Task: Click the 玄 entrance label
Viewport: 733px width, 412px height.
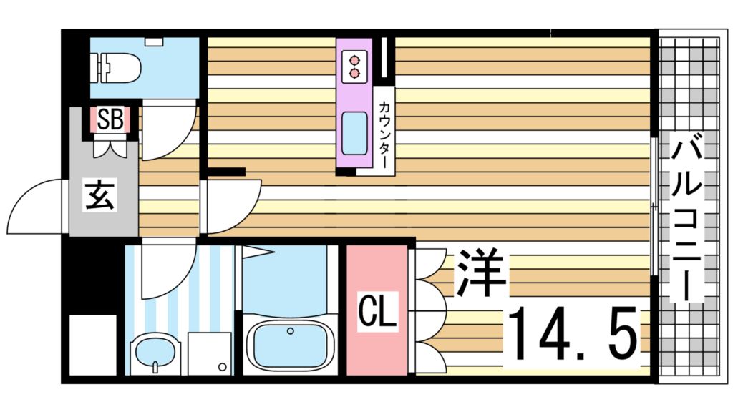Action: pyautogui.click(x=100, y=195)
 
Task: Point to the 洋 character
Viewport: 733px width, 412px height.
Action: pyautogui.click(x=482, y=273)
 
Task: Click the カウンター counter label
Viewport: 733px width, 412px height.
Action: pyautogui.click(x=384, y=132)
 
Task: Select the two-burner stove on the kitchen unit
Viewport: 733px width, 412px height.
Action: pyautogui.click(x=354, y=66)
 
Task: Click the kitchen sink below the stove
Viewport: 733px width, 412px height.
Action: pyautogui.click(x=354, y=133)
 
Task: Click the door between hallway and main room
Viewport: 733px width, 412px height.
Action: pyautogui.click(x=229, y=204)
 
